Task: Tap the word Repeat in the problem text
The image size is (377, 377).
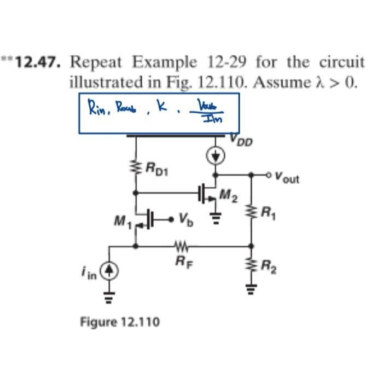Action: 96,62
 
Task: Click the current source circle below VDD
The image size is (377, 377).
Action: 216,156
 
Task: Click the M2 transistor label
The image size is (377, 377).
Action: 228,193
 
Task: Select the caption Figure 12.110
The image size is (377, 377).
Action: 120,321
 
